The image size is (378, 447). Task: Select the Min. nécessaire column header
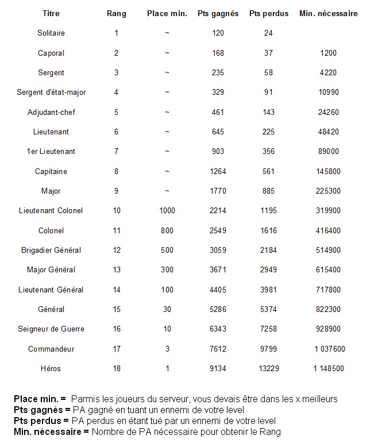[x=329, y=13]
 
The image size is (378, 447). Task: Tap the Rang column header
[x=117, y=13]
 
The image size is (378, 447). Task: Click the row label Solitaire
[x=51, y=33]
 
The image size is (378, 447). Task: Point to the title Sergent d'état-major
[x=51, y=93]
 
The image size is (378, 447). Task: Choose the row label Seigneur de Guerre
[x=51, y=329]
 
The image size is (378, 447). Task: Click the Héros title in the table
[x=51, y=368]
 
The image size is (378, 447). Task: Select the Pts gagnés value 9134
[x=218, y=368]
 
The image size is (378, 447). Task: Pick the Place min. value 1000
[x=167, y=211]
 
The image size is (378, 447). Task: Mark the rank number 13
[x=117, y=270]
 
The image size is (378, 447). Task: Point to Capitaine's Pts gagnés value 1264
[x=218, y=171]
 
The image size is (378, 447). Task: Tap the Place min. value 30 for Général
[x=167, y=309]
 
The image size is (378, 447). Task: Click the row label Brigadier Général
[x=51, y=250]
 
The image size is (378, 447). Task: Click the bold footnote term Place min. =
[x=40, y=399]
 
